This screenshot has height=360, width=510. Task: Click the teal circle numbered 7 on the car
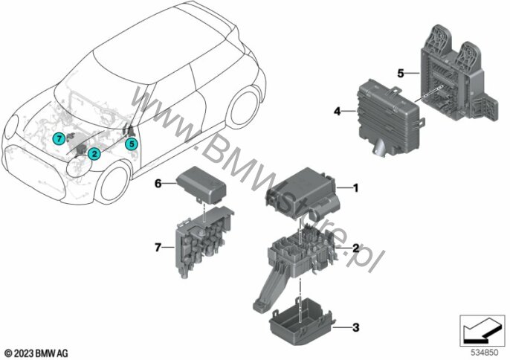pos(59,139)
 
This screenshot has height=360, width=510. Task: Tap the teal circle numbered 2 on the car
pos(94,154)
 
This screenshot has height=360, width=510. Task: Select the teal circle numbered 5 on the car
pos(132,144)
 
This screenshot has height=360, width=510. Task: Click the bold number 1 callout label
pos(355,188)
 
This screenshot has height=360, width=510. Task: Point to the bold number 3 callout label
pos(356,327)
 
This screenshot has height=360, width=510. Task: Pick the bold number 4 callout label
pos(338,112)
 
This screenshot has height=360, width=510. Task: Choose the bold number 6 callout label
pos(158,184)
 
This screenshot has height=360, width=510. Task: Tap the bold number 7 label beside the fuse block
pos(158,248)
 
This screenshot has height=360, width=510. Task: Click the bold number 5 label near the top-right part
pos(401,74)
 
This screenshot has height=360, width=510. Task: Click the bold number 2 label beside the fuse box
pos(356,248)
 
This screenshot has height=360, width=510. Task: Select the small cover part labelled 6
pos(201,185)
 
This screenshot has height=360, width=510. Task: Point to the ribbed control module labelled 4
pos(390,118)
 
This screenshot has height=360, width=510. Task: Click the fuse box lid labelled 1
pos(303,194)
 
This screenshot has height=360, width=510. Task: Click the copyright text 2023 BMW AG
pos(36,353)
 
